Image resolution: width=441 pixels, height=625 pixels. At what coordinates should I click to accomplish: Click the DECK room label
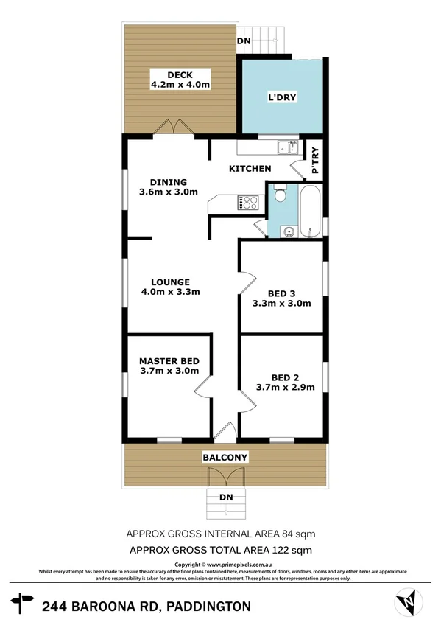coord(180,74)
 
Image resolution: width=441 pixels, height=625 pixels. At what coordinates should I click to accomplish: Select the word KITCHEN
coord(250,169)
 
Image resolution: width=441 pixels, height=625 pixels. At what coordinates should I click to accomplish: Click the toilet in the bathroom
coord(278,197)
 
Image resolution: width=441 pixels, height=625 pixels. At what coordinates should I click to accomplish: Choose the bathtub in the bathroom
coord(309,210)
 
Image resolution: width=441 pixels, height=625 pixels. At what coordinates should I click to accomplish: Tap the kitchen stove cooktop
coord(247,200)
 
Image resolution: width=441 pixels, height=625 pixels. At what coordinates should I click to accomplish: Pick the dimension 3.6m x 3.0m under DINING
coord(169,192)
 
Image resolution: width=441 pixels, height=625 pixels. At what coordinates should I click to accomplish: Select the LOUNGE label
coord(171,282)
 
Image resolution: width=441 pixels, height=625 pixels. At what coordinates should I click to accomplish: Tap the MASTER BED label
coord(169,360)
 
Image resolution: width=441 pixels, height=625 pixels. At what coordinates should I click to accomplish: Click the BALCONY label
coord(225,458)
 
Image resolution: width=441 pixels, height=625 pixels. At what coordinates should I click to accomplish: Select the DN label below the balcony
coord(226,497)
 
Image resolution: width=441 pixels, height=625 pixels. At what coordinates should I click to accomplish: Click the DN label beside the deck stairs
coord(243,42)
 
